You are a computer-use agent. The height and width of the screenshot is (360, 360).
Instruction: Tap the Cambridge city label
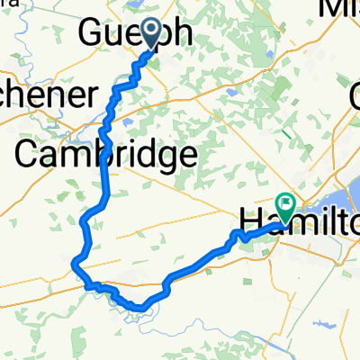tap(105, 154)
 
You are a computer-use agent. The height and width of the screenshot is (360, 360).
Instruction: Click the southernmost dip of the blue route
tap(139, 309)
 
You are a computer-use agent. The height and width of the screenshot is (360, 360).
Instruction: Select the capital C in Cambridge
tap(30, 154)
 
